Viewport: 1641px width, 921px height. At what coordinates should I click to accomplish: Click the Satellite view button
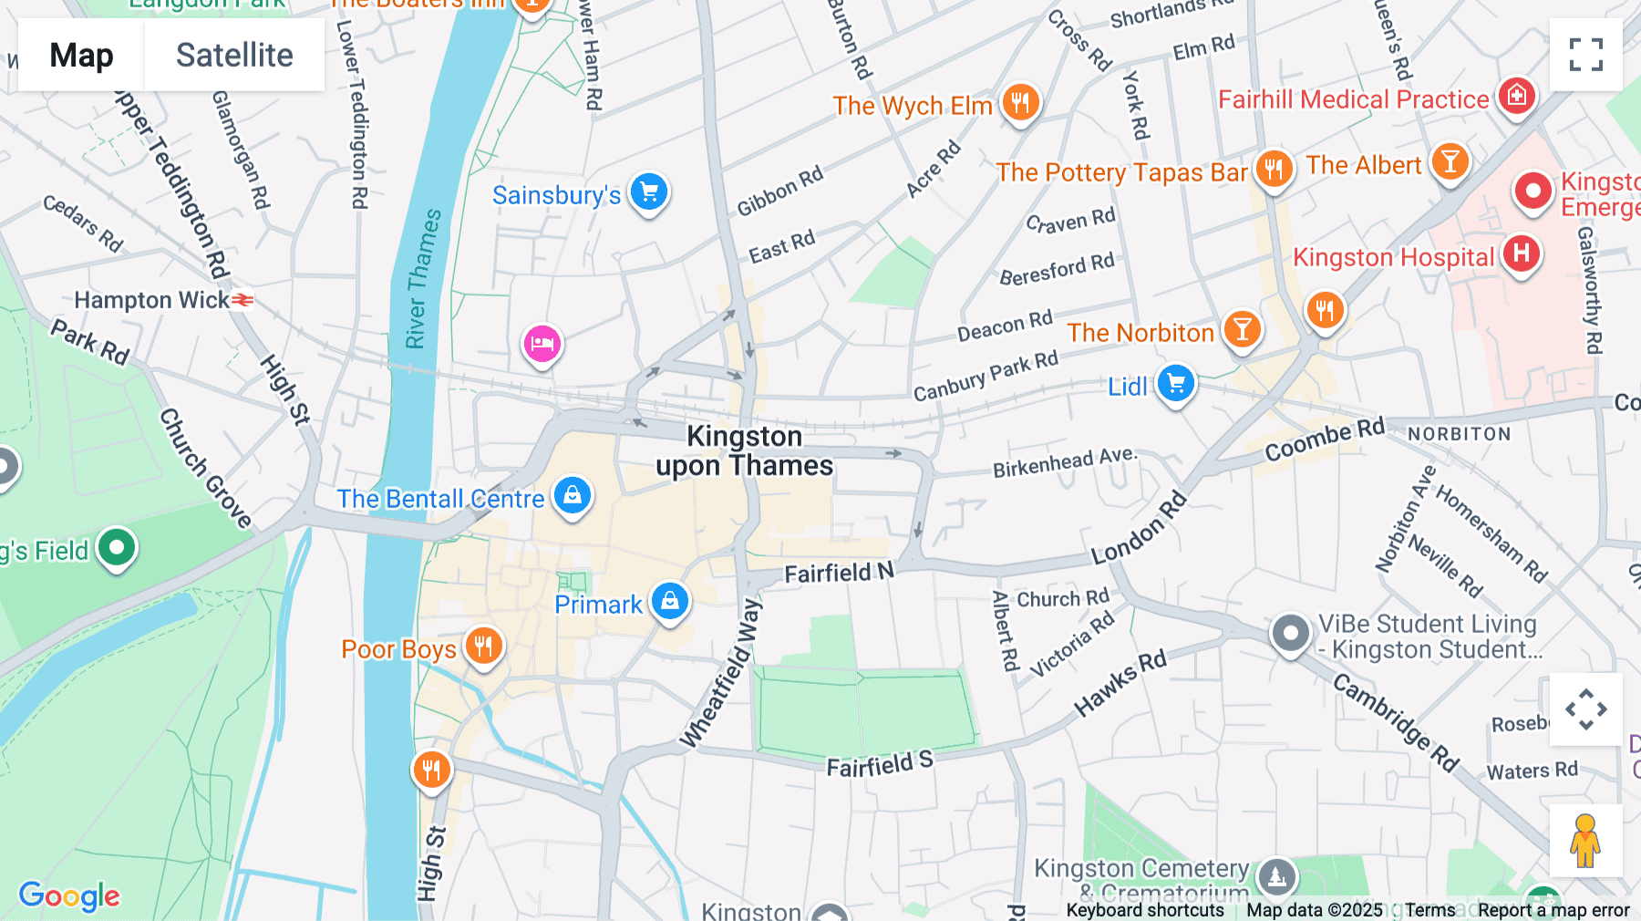click(234, 55)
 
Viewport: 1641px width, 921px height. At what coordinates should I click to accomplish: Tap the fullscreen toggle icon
click(1585, 55)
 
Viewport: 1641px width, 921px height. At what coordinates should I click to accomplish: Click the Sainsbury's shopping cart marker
click(649, 191)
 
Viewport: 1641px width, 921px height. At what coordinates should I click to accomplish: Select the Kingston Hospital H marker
click(1521, 254)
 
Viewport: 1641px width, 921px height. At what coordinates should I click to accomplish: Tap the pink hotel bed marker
click(542, 345)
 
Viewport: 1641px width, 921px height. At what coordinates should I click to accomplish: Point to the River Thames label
click(423, 278)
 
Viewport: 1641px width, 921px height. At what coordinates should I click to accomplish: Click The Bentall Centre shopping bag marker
click(573, 495)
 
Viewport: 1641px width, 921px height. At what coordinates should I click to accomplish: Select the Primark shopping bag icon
click(670, 601)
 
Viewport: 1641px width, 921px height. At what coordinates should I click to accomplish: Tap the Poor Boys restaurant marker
click(483, 646)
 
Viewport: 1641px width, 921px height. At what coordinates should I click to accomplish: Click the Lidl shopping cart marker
click(1175, 383)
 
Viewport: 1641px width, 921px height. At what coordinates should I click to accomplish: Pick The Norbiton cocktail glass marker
click(1242, 329)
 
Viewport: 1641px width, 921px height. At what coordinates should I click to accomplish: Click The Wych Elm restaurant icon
click(1020, 102)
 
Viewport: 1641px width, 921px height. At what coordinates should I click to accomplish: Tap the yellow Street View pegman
click(1585, 841)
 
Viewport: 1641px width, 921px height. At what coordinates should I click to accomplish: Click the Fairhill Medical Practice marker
click(1517, 95)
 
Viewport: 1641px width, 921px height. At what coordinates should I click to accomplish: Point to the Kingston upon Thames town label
click(745, 450)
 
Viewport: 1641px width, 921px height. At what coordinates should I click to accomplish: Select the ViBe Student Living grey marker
click(1290, 632)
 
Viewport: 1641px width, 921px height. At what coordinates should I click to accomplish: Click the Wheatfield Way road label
click(721, 673)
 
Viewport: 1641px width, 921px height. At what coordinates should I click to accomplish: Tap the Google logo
click(69, 895)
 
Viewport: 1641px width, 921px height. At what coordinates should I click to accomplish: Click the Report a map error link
click(1553, 910)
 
